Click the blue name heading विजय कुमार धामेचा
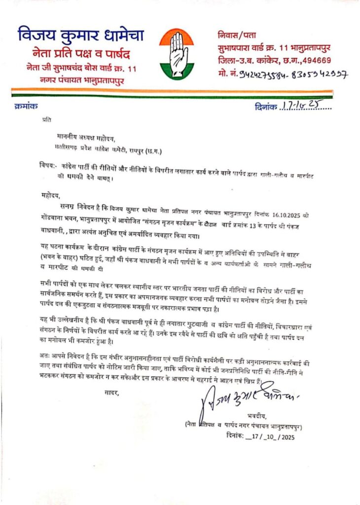tap(81, 36)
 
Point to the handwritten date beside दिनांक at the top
tap(306, 106)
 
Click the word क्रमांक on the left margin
tap(26, 105)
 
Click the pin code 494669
tap(318, 61)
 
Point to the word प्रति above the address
tap(46, 119)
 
